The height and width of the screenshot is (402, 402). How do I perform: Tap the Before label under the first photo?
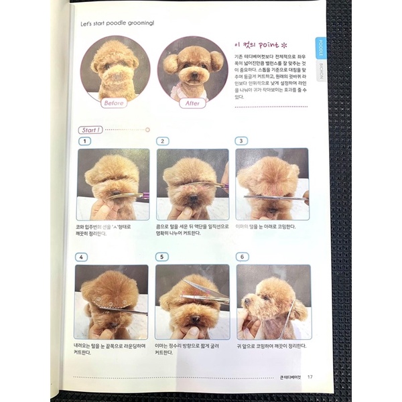point(113,103)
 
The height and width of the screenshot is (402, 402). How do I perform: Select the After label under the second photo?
point(192,103)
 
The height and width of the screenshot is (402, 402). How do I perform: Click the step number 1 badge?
point(84,141)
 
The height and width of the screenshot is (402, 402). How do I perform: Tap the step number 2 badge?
point(163,141)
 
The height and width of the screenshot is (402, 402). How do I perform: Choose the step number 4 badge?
point(82,257)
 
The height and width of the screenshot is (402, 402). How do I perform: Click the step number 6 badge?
point(243,257)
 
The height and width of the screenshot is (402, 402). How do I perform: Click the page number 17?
point(310,376)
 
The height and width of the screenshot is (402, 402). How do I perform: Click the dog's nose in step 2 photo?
point(192,199)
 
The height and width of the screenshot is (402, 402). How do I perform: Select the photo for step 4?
point(111,301)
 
